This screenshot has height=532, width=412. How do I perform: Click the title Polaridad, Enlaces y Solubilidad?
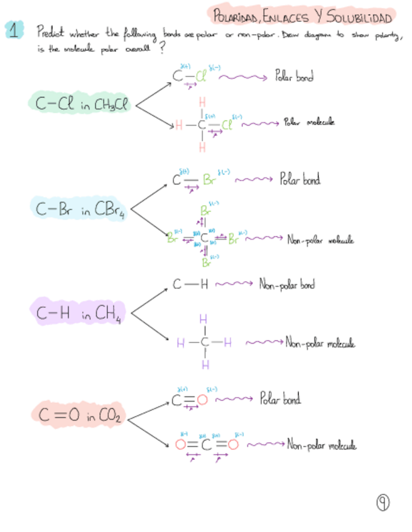(303, 15)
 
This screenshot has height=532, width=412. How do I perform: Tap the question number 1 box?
(14, 30)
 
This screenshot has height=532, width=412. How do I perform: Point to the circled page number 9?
(382, 502)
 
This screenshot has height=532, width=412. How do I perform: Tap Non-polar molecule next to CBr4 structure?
(320, 240)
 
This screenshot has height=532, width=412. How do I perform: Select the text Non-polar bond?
(287, 284)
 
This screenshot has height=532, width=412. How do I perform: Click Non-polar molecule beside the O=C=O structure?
(322, 445)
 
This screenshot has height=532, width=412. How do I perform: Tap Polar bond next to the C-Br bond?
(300, 180)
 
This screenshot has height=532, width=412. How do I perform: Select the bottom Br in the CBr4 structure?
(205, 263)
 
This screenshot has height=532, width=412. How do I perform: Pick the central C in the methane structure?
(203, 343)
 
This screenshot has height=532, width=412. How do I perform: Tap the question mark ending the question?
(164, 51)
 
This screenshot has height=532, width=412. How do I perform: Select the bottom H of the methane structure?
(203, 364)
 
